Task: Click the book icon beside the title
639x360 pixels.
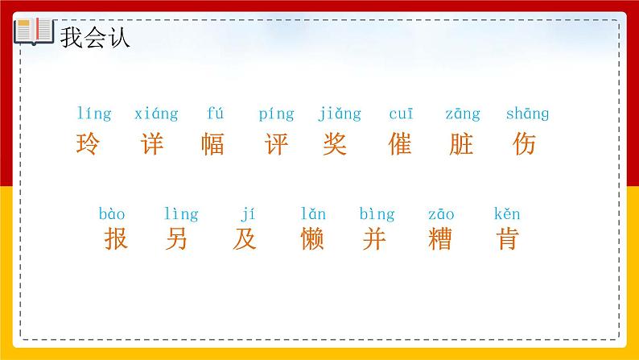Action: coord(33,33)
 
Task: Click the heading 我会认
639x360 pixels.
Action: coord(95,37)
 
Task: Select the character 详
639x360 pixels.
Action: coord(151,144)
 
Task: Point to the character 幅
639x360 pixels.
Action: coord(213,144)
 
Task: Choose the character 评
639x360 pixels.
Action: coord(276,144)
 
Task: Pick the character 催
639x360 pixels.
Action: coord(399,144)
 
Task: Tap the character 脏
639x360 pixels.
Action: coord(462,144)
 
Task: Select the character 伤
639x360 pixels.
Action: coord(524,144)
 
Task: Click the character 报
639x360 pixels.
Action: coord(116,238)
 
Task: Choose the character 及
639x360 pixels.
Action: coord(245,238)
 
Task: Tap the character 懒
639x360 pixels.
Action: coord(311,238)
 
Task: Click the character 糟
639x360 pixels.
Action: coord(440,238)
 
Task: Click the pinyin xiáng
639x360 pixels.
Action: coord(156,114)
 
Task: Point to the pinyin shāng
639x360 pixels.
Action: coord(527,114)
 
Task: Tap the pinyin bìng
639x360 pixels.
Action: coord(377,215)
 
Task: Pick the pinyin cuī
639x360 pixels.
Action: coord(401,114)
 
